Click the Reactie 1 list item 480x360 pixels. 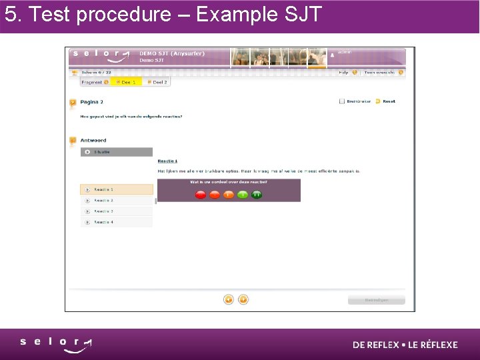coord(116,190)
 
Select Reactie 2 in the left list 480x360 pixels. coord(116,201)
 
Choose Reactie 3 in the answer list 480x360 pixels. coord(116,211)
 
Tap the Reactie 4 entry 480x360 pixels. coord(116,222)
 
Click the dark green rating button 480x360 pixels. coord(257,195)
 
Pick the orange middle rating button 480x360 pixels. coord(229,195)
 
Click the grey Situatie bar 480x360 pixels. coord(116,152)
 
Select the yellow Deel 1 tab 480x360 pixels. coord(126,82)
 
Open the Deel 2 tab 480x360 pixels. coord(157,82)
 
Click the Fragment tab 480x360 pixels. coord(95,82)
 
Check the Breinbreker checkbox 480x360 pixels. coord(342,101)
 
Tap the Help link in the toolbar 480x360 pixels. coord(344,73)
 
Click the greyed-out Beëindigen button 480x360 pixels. coord(376,300)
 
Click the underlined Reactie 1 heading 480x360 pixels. coord(167,161)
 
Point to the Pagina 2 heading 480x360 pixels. coord(91,102)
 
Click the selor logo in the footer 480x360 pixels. coord(56,344)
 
